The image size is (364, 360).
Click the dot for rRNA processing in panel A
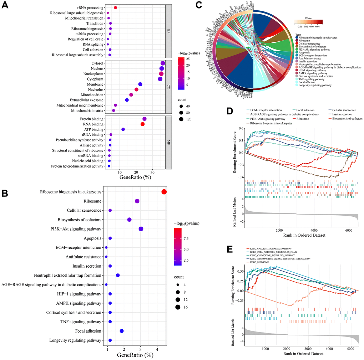(x=115, y=7)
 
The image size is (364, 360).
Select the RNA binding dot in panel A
(x=143, y=124)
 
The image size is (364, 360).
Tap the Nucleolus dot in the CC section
(x=136, y=89)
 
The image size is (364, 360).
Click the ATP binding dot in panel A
(x=123, y=129)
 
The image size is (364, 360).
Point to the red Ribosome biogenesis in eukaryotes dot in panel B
(x=164, y=192)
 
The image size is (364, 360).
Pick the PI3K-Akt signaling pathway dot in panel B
(x=141, y=229)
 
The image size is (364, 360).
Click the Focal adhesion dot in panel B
(x=122, y=331)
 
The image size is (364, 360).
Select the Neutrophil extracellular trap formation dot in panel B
(x=118, y=276)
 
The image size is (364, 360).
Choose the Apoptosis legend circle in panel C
(x=297, y=52)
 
